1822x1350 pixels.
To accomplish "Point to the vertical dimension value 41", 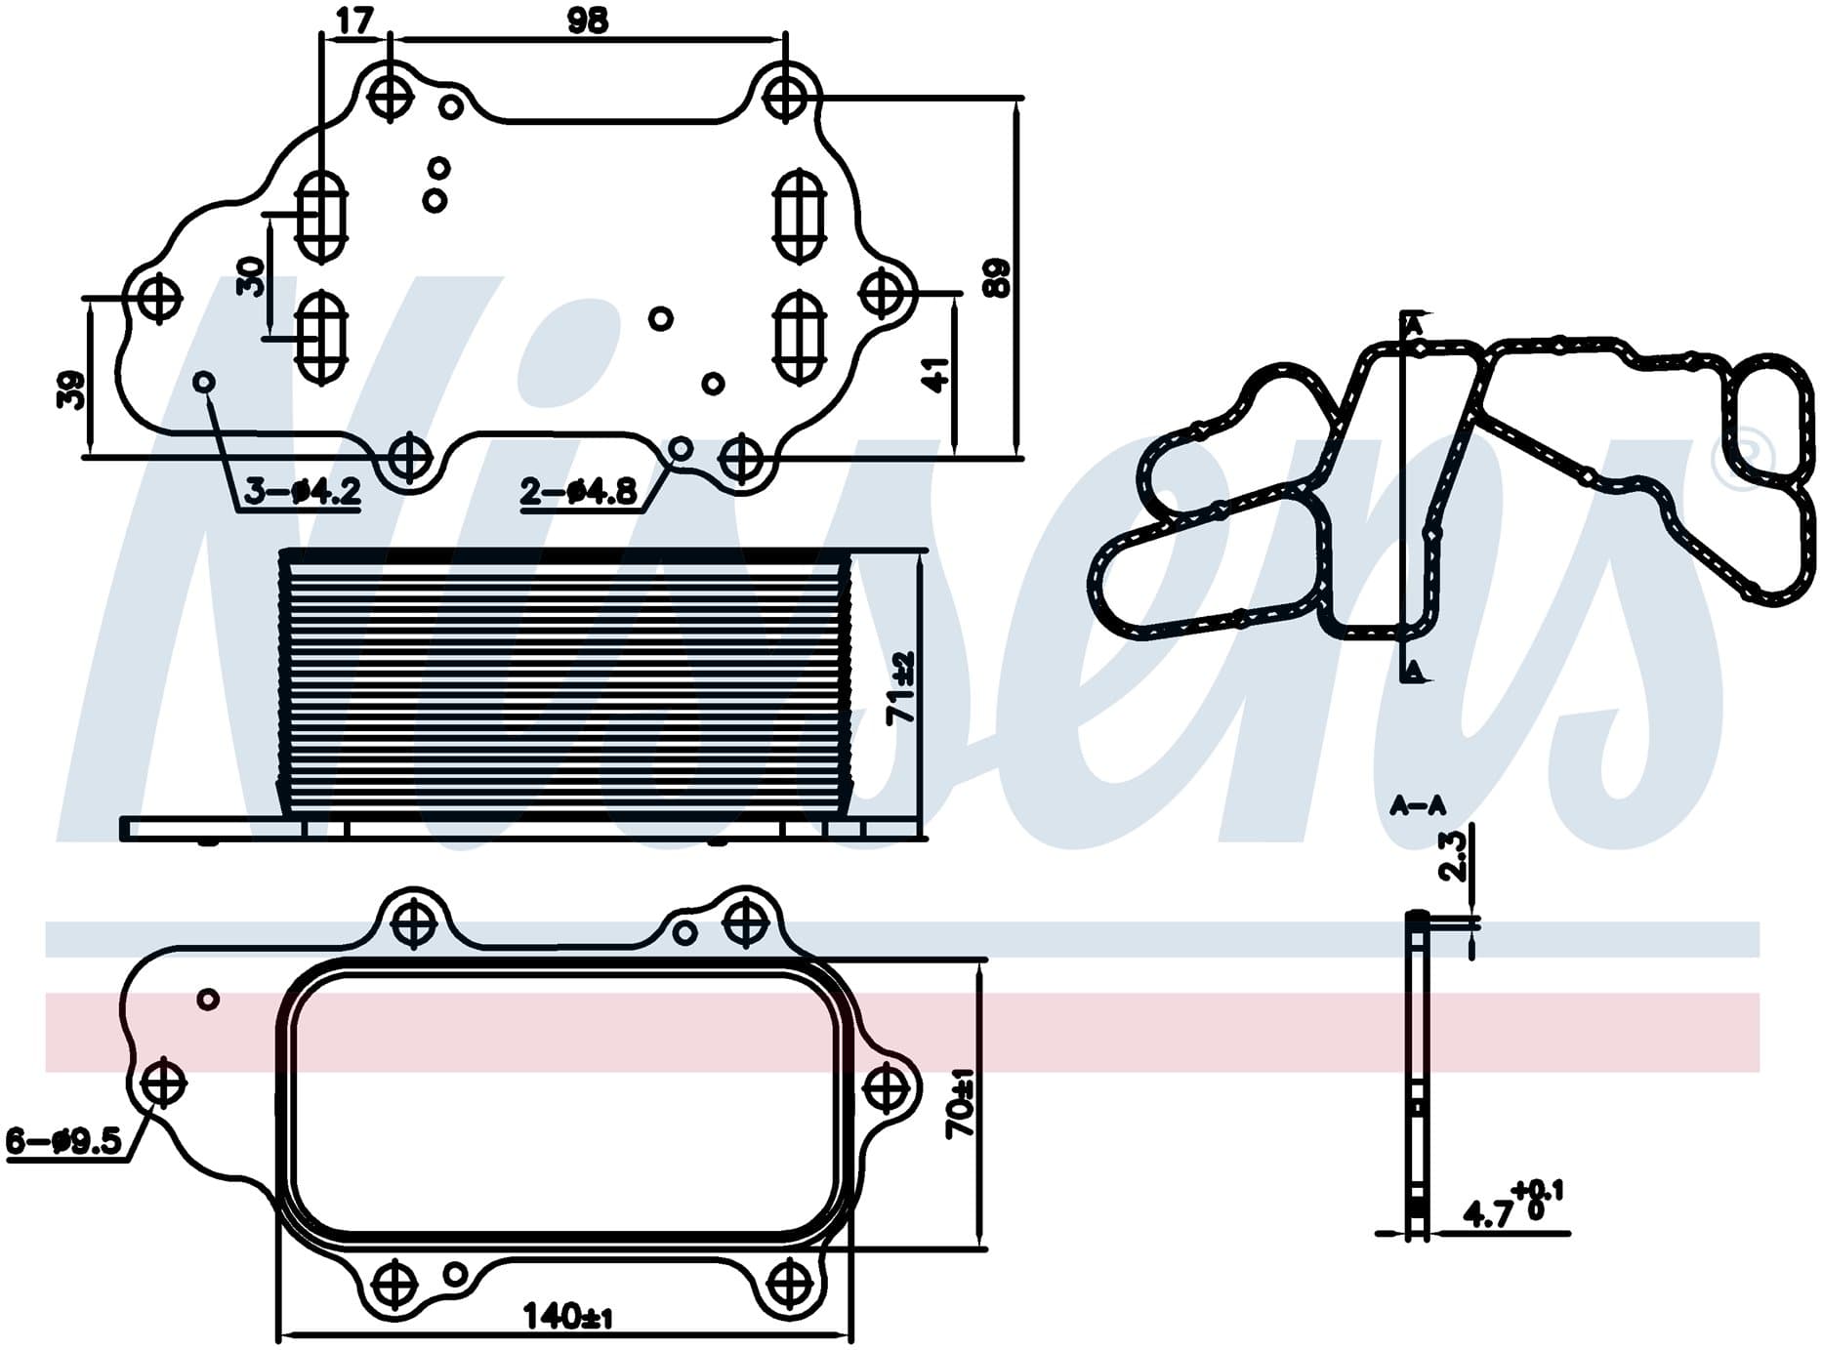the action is (x=935, y=375).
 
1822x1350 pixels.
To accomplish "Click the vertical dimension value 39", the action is (x=71, y=389).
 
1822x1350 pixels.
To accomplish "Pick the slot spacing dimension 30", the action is (x=252, y=276).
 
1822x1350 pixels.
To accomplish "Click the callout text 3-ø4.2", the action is (x=303, y=491).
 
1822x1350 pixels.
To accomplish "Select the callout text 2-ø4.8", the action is (x=579, y=491).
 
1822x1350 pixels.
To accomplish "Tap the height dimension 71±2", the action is (x=900, y=687).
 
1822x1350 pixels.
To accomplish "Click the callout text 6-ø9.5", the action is (x=64, y=1140).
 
